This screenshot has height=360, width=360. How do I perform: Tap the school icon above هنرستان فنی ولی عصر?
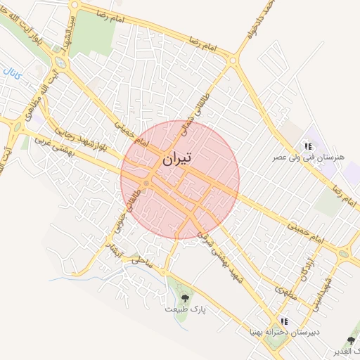point(307,146)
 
